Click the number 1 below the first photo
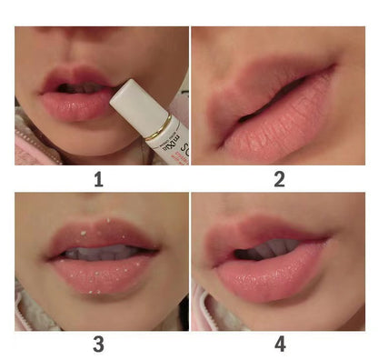pos(97,179)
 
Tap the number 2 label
pos(279,179)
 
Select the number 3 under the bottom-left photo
pos(97,344)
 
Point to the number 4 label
pos(280,344)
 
